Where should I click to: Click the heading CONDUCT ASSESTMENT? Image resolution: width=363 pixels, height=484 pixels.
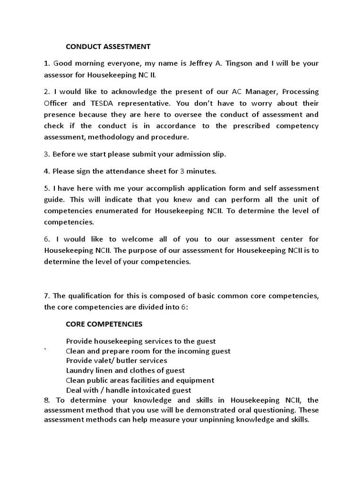click(x=108, y=46)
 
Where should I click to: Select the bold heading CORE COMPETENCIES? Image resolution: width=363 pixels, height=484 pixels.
click(x=104, y=324)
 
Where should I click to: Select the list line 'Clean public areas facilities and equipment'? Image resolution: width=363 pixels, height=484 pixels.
click(x=140, y=380)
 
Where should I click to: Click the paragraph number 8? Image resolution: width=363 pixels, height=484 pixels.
click(x=46, y=400)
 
